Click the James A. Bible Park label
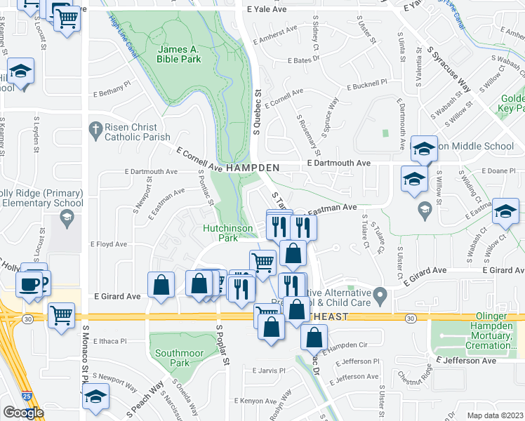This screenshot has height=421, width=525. [x=179, y=54]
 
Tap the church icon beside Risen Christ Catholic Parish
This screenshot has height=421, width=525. [x=94, y=128]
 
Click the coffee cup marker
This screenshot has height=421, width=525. [x=29, y=284]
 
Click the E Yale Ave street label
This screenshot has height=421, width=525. [x=267, y=10]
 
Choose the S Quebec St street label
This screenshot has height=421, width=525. [x=257, y=112]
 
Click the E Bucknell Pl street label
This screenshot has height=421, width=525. [x=367, y=84]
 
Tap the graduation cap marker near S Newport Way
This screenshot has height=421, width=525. [x=95, y=398]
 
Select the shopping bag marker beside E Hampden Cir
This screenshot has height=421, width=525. [x=314, y=338]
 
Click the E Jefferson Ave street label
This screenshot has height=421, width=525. [x=465, y=361]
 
